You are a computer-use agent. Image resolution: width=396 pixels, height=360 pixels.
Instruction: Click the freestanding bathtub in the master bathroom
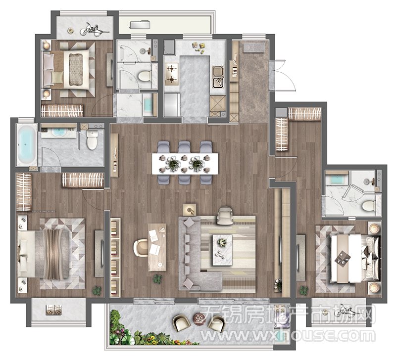pyautogui.click(x=27, y=144)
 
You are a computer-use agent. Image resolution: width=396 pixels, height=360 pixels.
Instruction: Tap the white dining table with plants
pyautogui.click(x=185, y=164)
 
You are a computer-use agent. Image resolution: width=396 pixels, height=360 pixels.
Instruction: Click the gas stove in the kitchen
pyautogui.click(x=171, y=74)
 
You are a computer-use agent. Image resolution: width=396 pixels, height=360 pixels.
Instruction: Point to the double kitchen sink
pyautogui.click(x=218, y=77)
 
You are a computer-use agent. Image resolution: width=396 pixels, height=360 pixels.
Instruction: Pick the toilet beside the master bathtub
pyautogui.click(x=92, y=140)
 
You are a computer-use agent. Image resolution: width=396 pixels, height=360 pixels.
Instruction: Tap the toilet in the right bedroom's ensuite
pyautogui.click(x=369, y=205)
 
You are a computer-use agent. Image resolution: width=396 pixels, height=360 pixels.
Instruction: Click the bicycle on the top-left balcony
pyautogui.click(x=95, y=29)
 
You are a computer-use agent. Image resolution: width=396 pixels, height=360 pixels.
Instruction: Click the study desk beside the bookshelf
pyautogui.click(x=157, y=247)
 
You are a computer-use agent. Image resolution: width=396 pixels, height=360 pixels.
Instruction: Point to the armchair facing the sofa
pyautogui.click(x=225, y=216)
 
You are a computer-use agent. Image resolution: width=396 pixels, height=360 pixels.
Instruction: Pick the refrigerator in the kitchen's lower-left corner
pyautogui.click(x=171, y=105)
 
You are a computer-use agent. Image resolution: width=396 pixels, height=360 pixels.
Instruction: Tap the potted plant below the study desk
pyautogui.click(x=157, y=279)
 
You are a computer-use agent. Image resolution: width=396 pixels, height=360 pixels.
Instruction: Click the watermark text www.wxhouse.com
pyautogui.click(x=288, y=335)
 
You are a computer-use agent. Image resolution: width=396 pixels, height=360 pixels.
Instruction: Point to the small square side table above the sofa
pyautogui.click(x=190, y=209)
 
